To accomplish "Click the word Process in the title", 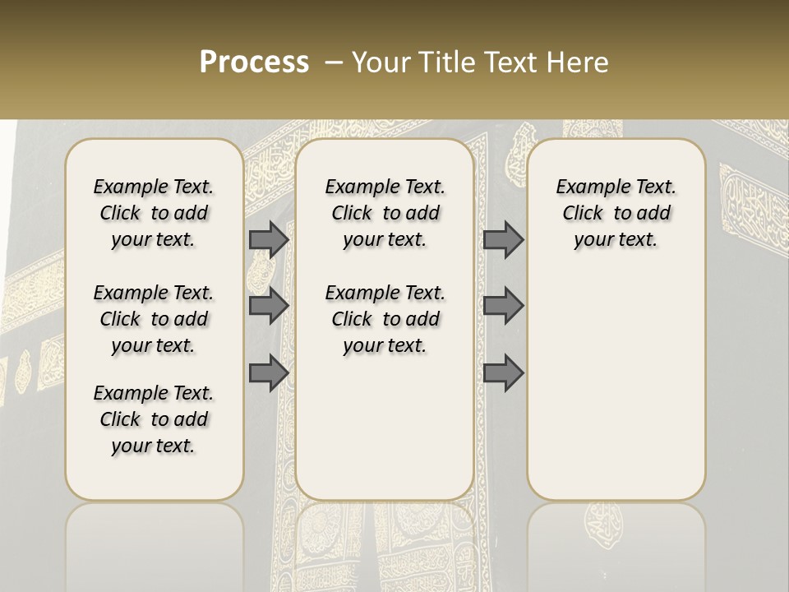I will click(x=254, y=62).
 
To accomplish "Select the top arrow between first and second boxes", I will click(x=268, y=239).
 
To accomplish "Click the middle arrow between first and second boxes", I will click(x=268, y=306).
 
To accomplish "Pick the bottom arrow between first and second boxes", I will click(x=268, y=373).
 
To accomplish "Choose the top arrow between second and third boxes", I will click(x=503, y=239).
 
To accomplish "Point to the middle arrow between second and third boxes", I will click(x=503, y=306).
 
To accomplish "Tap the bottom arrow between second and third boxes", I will click(x=503, y=373).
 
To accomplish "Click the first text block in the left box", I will click(x=154, y=213).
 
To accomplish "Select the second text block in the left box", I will click(x=154, y=319).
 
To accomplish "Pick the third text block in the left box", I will click(x=154, y=419).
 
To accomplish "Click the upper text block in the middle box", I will click(x=385, y=213).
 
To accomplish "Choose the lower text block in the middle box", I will click(x=385, y=319).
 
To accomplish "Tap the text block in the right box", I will click(x=616, y=213).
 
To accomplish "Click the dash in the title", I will click(x=334, y=62).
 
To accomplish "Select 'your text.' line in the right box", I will click(x=616, y=239).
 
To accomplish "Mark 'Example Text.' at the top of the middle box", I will click(x=385, y=187).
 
